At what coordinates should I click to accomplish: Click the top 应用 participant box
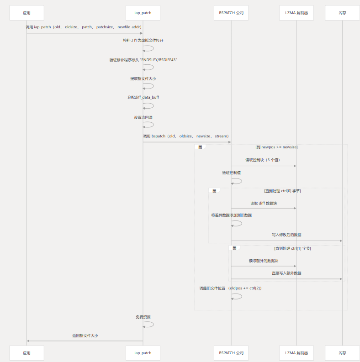pyautogui.click(x=26, y=13)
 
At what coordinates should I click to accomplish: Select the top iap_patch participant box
pyautogui.click(x=143, y=13)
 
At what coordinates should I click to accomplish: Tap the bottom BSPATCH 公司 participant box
pyautogui.click(x=231, y=353)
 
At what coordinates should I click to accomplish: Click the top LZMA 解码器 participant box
pyautogui.click(x=296, y=13)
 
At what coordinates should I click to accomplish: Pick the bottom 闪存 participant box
pyautogui.click(x=342, y=353)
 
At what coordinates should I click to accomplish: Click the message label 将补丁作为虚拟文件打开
pyautogui.click(x=143, y=40)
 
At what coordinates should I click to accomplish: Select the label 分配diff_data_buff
pyautogui.click(x=143, y=98)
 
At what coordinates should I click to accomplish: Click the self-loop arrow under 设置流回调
pyautogui.click(x=149, y=125)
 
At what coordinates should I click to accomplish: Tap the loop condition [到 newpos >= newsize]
pyautogui.click(x=276, y=147)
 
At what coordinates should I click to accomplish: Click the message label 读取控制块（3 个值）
pyautogui.click(x=262, y=160)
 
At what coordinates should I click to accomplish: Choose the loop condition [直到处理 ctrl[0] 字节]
pyautogui.click(x=282, y=191)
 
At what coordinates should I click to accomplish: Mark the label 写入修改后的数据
pyautogui.click(x=286, y=235)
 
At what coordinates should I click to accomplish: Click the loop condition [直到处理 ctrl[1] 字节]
pyautogui.click(x=292, y=248)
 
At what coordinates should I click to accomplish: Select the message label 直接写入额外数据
pyautogui.click(x=286, y=273)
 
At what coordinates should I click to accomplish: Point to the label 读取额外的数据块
pyautogui.click(x=263, y=261)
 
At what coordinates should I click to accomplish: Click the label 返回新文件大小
pyautogui.click(x=85, y=336)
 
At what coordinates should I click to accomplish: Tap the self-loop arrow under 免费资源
pyautogui.click(x=149, y=325)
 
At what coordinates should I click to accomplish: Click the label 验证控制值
pyautogui.click(x=231, y=173)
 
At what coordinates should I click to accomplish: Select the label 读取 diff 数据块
pyautogui.click(x=263, y=203)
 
